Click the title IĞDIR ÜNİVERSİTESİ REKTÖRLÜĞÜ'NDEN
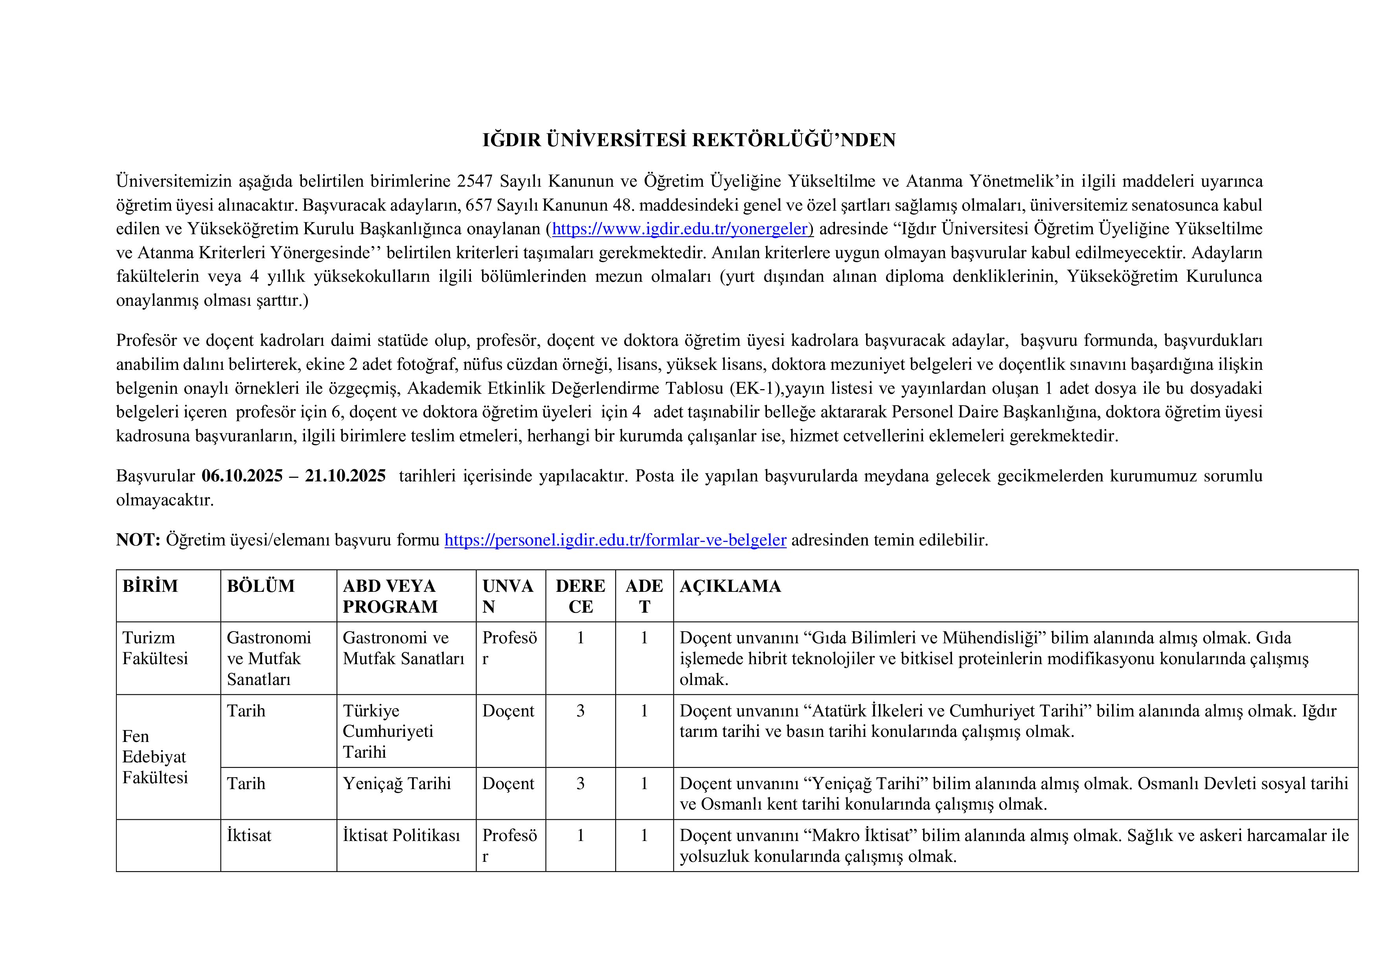point(689,140)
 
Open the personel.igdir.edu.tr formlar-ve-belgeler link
point(615,540)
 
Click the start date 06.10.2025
point(242,476)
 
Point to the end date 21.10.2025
point(346,476)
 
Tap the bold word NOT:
point(138,540)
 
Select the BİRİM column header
point(150,586)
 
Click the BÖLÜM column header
point(261,586)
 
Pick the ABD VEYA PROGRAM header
point(390,596)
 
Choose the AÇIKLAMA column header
point(730,586)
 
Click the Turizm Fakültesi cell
point(155,648)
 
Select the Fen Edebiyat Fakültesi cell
point(155,756)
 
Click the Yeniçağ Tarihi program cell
point(396,784)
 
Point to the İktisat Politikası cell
point(401,835)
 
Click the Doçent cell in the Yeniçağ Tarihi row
point(508,784)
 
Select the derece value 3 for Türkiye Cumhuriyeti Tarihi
point(580,711)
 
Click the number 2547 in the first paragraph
point(474,181)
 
